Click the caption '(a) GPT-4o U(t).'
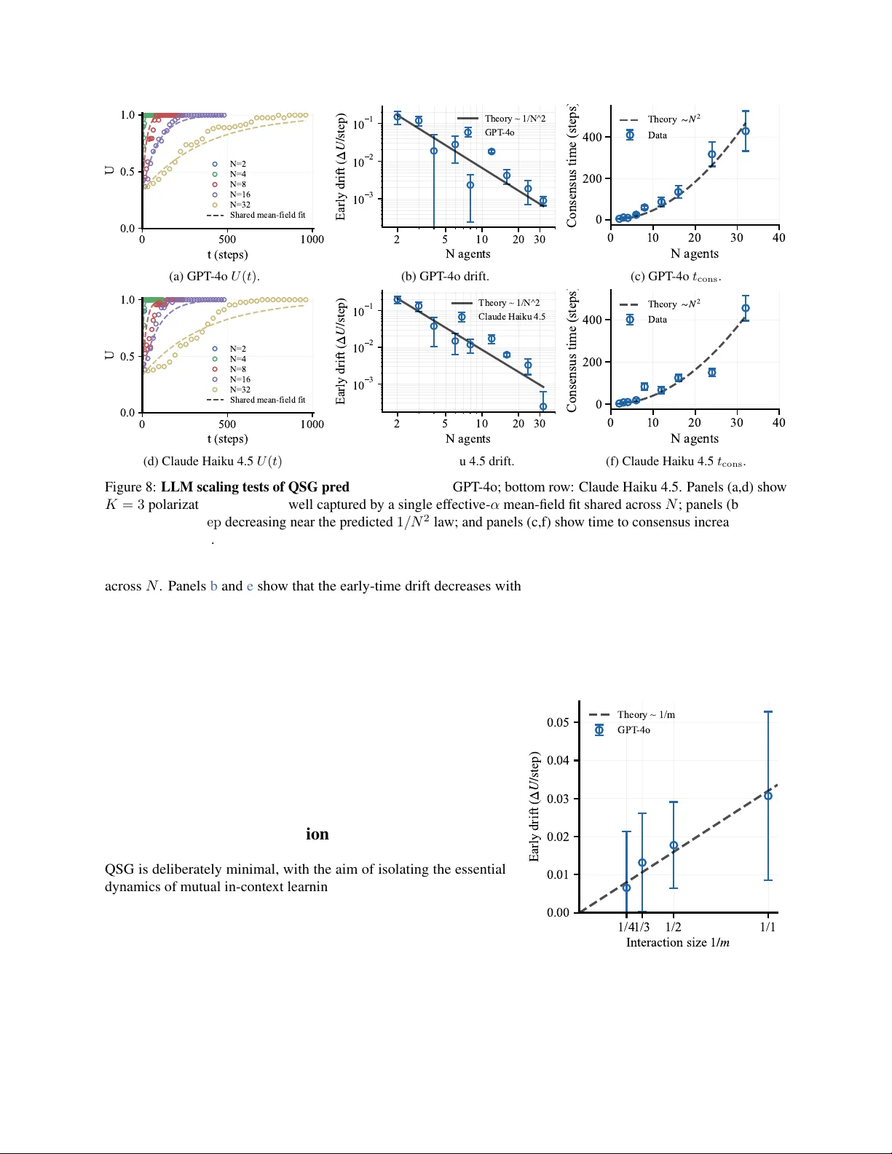coord(214,277)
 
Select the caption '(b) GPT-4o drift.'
coord(445,277)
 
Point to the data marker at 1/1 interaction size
coord(768,796)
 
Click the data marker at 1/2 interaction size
coord(674,845)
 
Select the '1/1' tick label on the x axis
coord(768,928)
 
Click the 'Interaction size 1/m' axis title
coord(678,943)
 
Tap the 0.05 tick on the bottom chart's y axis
coord(559,722)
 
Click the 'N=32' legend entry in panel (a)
coord(240,205)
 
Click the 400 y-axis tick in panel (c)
coord(592,137)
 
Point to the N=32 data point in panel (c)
coord(746,131)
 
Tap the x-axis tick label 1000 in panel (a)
coord(312,240)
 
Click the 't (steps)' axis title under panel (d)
coord(228,439)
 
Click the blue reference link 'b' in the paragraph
coord(214,586)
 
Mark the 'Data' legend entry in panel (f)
coord(657,320)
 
